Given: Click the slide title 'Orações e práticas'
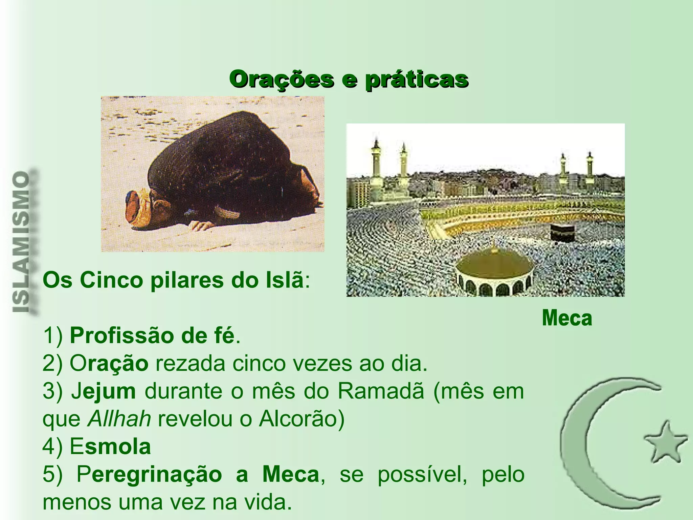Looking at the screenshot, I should coord(349,80).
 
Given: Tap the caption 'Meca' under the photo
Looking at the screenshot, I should coord(567,318).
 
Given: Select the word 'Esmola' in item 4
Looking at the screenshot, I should coord(110,447).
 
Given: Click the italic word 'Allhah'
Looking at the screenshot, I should coord(119,419).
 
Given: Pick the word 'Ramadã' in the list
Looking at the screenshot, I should coord(381,391).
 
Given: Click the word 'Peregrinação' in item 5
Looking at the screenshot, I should coord(149,475).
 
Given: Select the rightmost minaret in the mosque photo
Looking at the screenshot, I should coord(589,169).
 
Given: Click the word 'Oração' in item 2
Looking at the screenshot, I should coord(109,364).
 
